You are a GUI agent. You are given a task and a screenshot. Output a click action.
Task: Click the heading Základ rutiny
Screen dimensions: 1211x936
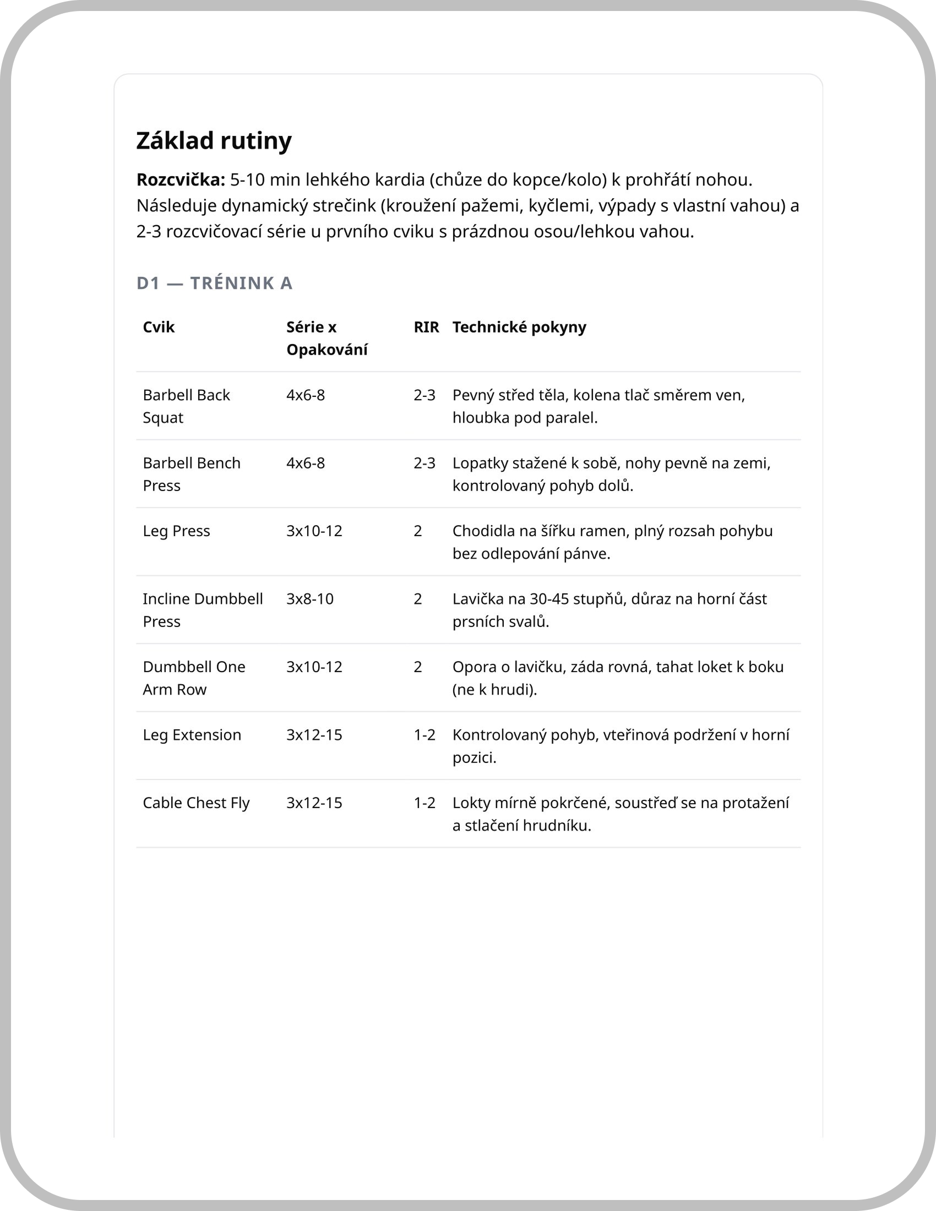tap(214, 141)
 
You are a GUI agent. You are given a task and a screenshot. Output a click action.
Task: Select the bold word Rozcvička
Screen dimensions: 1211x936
tap(181, 179)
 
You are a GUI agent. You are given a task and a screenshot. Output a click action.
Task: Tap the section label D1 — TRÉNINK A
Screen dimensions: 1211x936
tap(214, 283)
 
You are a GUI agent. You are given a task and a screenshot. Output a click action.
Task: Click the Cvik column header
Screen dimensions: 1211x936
tap(159, 327)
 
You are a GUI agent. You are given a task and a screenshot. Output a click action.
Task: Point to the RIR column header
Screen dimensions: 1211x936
tap(426, 327)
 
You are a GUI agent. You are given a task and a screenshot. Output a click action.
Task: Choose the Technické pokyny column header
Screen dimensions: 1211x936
tap(519, 327)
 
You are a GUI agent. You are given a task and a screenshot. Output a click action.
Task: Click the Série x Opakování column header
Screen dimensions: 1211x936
tap(326, 338)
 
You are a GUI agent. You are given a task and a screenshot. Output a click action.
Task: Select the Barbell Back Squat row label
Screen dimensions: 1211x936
tap(186, 406)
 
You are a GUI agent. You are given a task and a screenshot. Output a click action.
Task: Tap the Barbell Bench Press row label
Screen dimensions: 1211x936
tap(191, 474)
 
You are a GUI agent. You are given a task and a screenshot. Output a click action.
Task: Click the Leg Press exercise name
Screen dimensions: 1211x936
tap(176, 531)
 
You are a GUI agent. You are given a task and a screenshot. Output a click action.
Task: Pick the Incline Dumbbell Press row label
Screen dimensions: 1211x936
tap(203, 610)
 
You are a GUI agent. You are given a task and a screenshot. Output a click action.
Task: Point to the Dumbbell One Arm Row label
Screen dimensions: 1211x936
tap(193, 678)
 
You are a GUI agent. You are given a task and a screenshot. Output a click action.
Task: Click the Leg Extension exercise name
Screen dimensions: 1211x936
tap(192, 735)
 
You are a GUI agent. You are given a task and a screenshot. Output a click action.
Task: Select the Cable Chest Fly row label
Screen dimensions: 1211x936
tap(196, 803)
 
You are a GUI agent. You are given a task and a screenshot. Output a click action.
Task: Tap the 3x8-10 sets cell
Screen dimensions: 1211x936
tap(310, 599)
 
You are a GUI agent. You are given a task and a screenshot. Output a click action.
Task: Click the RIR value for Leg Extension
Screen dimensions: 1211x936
tap(424, 735)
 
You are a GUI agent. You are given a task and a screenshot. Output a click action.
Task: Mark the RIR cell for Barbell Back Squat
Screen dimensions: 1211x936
tap(424, 395)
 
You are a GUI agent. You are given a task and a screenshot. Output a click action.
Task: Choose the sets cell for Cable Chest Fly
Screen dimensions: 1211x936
tap(314, 803)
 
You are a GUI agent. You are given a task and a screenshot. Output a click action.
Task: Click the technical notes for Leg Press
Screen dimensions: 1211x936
tap(612, 542)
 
